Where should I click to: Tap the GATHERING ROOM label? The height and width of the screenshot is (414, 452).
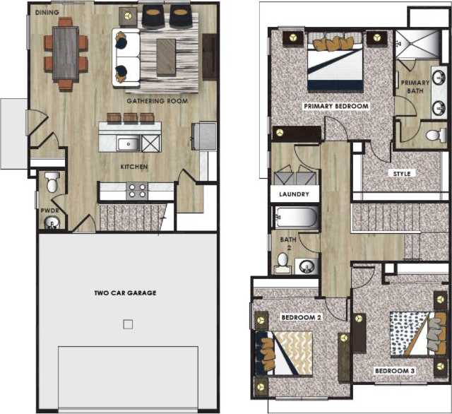[157, 101]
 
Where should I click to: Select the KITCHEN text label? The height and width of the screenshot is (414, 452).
[133, 167]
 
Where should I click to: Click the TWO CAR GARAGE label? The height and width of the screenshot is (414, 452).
[126, 292]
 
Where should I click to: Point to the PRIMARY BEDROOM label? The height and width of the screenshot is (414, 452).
[336, 106]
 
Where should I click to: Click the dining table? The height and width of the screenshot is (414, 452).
[66, 53]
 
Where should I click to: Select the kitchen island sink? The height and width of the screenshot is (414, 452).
[128, 143]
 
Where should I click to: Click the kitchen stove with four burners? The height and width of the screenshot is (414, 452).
[136, 190]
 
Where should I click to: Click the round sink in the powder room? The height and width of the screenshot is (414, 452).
[51, 225]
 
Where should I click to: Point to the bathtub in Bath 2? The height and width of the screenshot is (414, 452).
[296, 218]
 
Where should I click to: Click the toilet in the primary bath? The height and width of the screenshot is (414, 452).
[436, 134]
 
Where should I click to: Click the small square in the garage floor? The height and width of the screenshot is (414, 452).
[127, 324]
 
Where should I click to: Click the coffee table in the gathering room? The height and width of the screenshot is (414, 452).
[165, 56]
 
